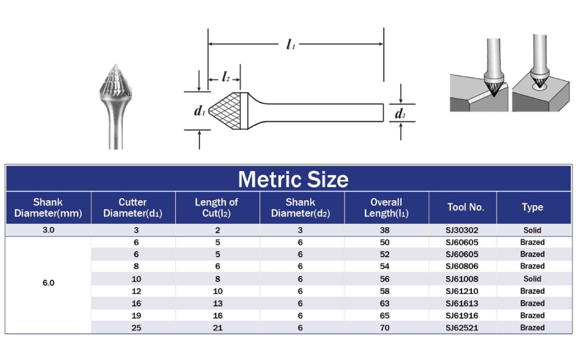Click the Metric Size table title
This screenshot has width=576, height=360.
(x=293, y=179)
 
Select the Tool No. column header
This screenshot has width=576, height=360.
(x=466, y=207)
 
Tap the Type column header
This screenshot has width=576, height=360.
(x=532, y=207)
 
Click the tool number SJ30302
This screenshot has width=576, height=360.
(x=462, y=230)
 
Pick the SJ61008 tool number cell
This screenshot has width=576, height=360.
(x=462, y=279)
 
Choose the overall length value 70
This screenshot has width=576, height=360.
(x=384, y=328)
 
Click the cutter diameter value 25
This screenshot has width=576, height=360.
(x=136, y=328)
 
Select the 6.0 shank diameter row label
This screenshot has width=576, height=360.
(x=48, y=283)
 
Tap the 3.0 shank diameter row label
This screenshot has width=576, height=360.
(x=48, y=230)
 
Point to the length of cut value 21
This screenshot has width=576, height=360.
(x=217, y=328)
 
